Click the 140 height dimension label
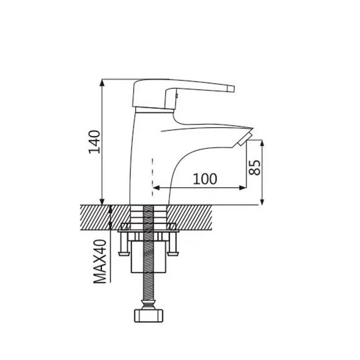coord(94,142)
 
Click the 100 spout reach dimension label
coord(205,179)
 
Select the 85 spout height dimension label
coord(255,167)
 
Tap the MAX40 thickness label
coord(100,261)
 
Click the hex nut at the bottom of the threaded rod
coord(148,316)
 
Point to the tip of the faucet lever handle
coord(234,89)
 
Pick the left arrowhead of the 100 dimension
coord(156,188)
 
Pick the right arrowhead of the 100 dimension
coord(243,188)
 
